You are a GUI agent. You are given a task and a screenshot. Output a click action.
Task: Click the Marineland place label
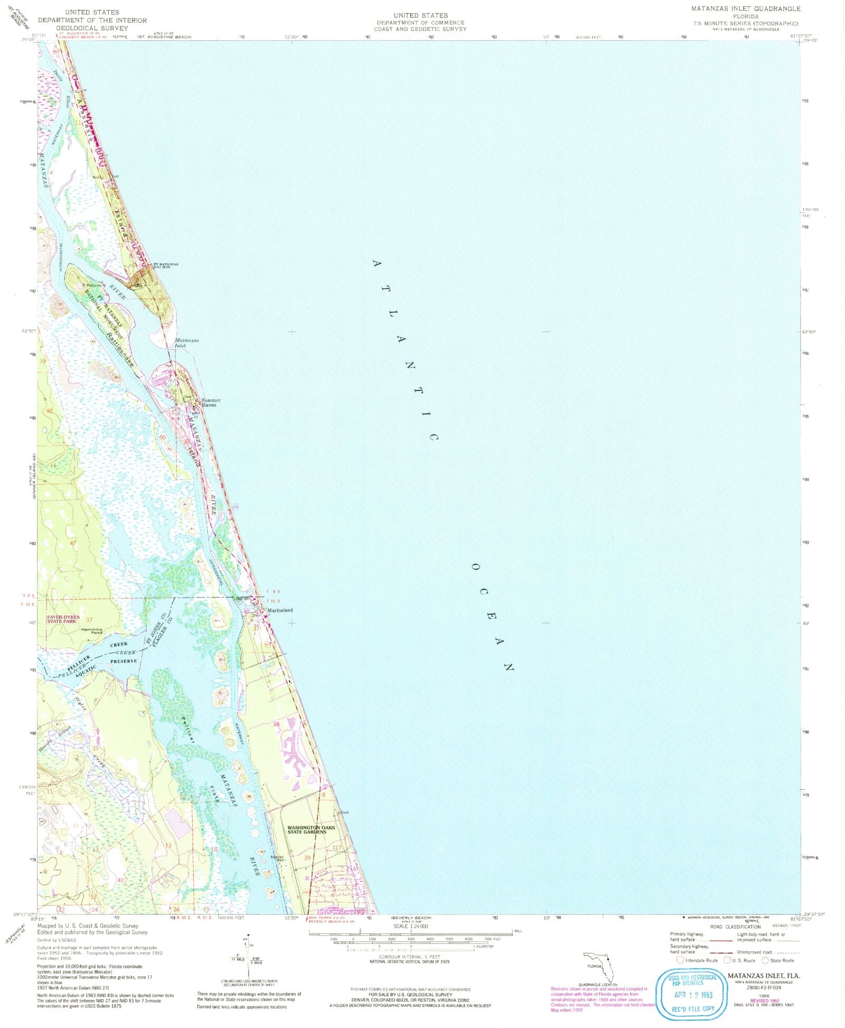point(280,610)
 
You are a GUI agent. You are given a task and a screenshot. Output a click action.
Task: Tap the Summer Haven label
point(211,403)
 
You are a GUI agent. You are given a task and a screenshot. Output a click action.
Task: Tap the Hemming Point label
point(92,631)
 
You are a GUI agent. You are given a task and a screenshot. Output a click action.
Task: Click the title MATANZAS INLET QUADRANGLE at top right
point(746,9)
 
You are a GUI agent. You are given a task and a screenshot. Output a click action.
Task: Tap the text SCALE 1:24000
point(410,926)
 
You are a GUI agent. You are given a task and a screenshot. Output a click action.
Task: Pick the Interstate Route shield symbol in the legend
point(680,960)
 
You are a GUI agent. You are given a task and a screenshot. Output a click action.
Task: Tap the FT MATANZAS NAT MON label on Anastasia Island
point(166,265)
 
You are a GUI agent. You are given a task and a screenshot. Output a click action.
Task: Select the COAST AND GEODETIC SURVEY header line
point(420,29)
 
